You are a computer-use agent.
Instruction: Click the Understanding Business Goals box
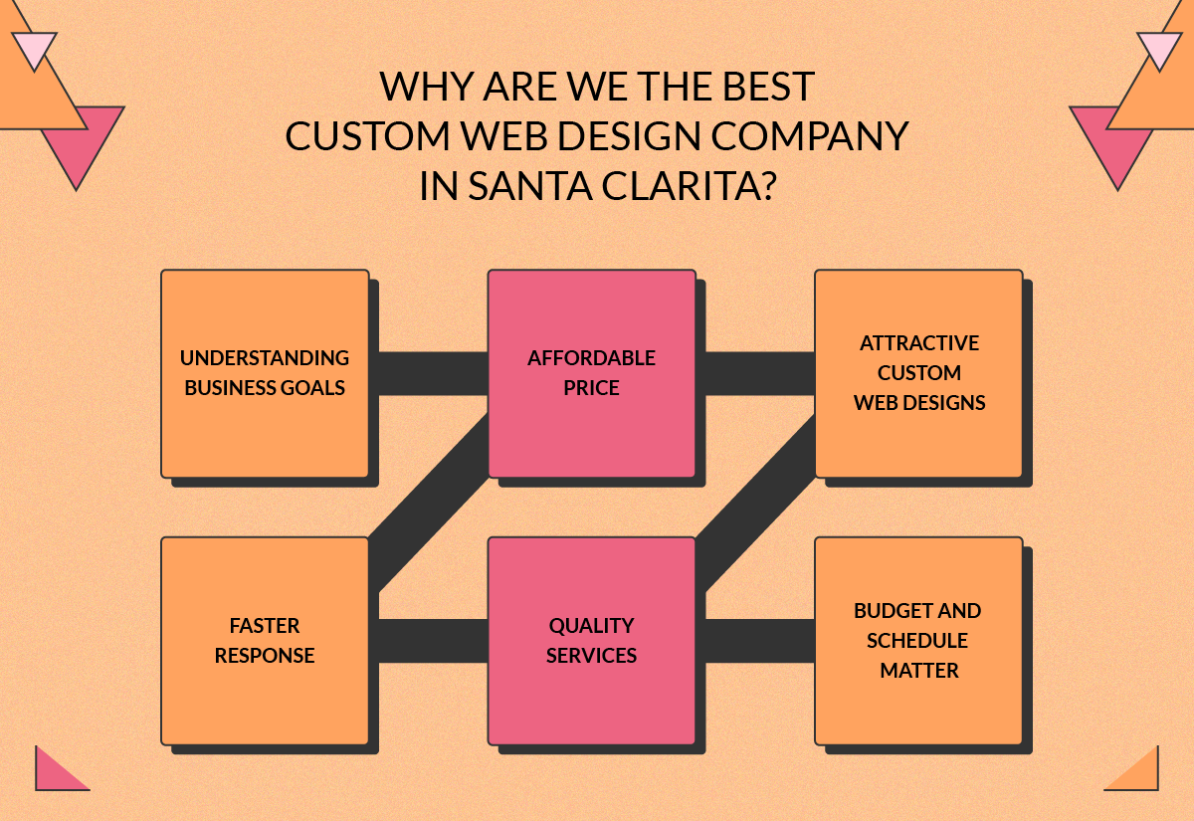(265, 373)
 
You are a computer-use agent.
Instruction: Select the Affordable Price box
(592, 373)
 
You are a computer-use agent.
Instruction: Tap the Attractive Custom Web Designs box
(918, 373)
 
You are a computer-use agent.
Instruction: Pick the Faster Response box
(265, 641)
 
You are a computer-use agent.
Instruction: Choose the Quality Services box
(592, 641)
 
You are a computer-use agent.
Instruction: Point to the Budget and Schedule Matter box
(918, 641)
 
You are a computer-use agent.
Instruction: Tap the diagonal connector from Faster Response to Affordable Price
(429, 504)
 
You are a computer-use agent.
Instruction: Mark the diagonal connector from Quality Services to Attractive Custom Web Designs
(755, 504)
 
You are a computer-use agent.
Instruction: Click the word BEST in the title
(768, 86)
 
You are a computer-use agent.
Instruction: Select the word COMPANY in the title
(810, 136)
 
